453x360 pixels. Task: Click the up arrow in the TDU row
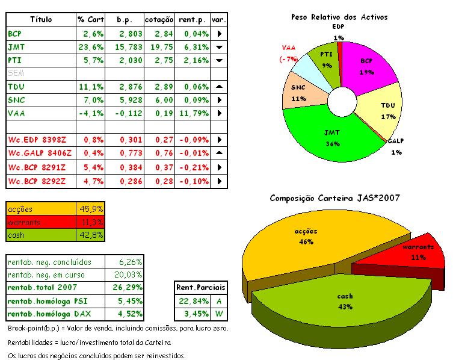(x=220, y=87)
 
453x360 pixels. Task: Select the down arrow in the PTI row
(x=220, y=60)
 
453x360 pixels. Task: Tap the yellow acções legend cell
(x=42, y=209)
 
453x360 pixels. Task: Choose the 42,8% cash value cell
(x=91, y=235)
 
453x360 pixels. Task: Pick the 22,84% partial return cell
(x=191, y=301)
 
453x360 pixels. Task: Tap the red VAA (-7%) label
(x=289, y=53)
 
